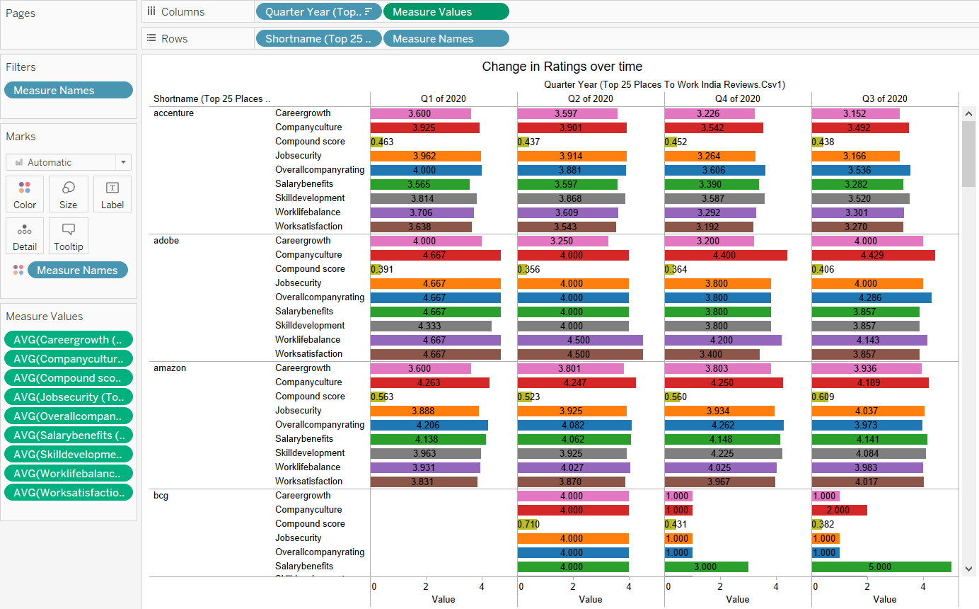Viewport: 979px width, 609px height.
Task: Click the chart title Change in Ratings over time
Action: pyautogui.click(x=562, y=67)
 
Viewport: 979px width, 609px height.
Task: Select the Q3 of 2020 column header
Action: pyautogui.click(x=884, y=98)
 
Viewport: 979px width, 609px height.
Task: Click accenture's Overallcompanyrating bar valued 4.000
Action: pyautogui.click(x=425, y=170)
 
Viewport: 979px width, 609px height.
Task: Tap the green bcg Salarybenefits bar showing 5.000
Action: pyautogui.click(x=881, y=567)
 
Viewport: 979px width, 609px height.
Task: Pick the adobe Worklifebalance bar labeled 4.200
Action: pyautogui.click(x=722, y=340)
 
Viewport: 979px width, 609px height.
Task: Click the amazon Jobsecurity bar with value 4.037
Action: pyautogui.click(x=868, y=411)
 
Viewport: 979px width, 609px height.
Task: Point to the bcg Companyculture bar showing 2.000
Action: pyautogui.click(x=839, y=510)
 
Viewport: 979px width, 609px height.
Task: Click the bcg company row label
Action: pyautogui.click(x=161, y=496)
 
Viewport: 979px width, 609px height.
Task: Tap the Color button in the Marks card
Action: pyautogui.click(x=25, y=194)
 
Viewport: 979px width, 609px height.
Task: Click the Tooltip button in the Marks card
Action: pyautogui.click(x=69, y=236)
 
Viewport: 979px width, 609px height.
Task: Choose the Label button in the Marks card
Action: pyautogui.click(x=112, y=194)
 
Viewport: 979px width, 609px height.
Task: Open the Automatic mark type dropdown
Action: pyautogui.click(x=69, y=162)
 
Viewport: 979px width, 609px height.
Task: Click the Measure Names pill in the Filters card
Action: pyautogui.click(x=68, y=90)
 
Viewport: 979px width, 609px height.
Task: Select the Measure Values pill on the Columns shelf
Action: pyautogui.click(x=446, y=12)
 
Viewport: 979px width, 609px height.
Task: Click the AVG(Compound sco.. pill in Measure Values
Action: pyautogui.click(x=68, y=377)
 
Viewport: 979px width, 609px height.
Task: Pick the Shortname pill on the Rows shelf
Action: pyautogui.click(x=318, y=39)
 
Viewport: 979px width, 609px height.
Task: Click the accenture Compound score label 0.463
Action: pyautogui.click(x=382, y=142)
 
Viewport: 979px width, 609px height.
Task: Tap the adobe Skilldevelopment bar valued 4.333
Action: pyautogui.click(x=430, y=326)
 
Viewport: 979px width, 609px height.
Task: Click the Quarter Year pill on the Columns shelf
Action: pyautogui.click(x=318, y=12)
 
